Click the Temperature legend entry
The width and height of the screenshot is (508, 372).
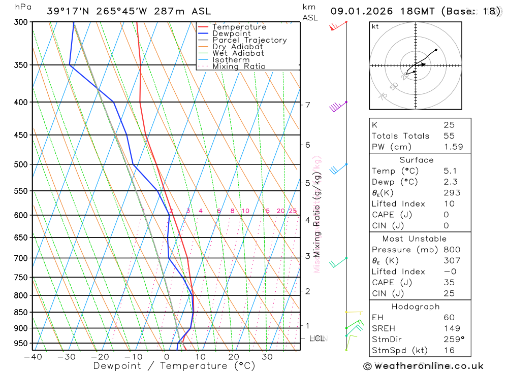click(x=239, y=27)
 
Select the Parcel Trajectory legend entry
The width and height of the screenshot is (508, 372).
click(x=249, y=40)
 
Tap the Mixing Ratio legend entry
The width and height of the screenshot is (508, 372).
click(x=239, y=66)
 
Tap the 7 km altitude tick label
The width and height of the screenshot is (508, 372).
click(x=308, y=105)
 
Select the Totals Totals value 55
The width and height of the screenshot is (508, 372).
click(x=449, y=136)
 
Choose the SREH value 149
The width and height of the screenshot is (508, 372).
click(x=451, y=328)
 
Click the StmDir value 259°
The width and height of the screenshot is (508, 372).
click(x=453, y=340)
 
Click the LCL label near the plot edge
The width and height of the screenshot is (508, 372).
click(x=317, y=338)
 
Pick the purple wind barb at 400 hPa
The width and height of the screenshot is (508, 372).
click(x=336, y=107)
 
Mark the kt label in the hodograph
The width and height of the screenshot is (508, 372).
click(x=375, y=26)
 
